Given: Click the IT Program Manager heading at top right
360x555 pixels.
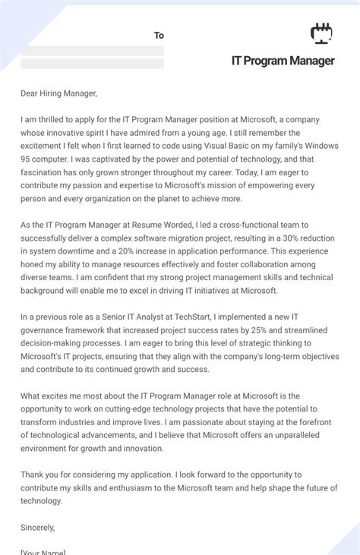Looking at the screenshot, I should pyautogui.click(x=283, y=61).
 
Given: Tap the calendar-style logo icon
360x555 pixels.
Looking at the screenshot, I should pyautogui.click(x=322, y=33).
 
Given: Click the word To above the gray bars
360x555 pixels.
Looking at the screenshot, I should pyautogui.click(x=159, y=36).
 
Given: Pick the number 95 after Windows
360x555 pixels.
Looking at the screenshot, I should pyautogui.click(x=29, y=159).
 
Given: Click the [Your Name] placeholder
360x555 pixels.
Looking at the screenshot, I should pyautogui.click(x=43, y=552).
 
